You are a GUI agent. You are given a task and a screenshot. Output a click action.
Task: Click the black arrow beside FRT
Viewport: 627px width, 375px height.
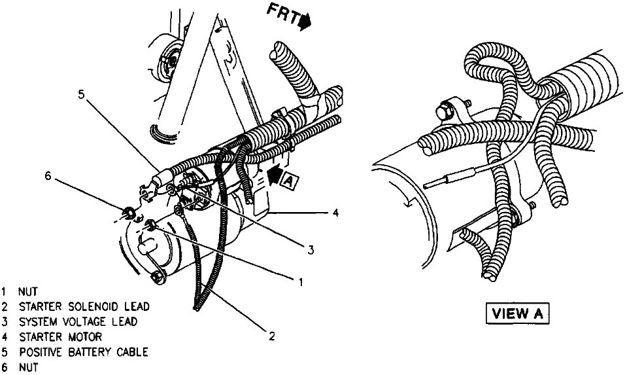[x=305, y=22]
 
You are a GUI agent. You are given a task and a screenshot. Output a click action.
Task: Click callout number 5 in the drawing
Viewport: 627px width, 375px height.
[x=80, y=94]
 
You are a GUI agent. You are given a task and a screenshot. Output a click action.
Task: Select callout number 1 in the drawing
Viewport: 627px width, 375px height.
[x=300, y=283]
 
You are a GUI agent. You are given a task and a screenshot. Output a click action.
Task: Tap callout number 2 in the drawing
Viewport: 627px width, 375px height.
[x=270, y=337]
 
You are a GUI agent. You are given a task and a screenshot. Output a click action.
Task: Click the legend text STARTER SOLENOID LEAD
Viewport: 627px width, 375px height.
[x=84, y=306]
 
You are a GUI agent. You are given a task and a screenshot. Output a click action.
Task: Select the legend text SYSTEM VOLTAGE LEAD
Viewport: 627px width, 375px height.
[x=78, y=322]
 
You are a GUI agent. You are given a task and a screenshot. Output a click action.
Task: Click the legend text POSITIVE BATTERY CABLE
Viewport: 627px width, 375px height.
[x=84, y=353]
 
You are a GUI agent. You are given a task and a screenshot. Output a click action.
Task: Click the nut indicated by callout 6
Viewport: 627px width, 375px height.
[x=129, y=212]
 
